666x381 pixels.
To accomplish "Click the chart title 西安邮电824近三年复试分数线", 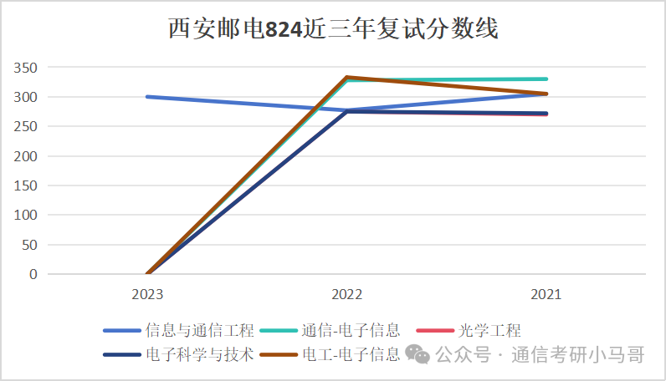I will [333, 30].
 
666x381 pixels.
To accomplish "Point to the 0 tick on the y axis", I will [33, 274].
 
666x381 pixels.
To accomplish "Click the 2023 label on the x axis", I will [147, 295].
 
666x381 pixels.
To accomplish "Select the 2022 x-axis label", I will [346, 295].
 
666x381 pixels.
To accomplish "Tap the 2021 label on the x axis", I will [546, 295].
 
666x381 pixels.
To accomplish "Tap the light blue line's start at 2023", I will [147, 97].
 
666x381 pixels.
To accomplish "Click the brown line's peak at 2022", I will [346, 77].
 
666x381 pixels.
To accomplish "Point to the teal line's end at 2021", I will [546, 79].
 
